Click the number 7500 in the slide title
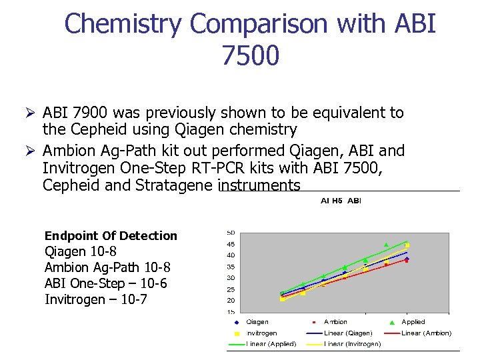coord(250,56)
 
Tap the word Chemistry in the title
coord(123,24)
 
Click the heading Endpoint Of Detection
coord(111,235)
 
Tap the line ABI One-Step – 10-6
coord(105,283)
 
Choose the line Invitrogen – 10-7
coord(95,299)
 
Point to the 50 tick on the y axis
coord(231,233)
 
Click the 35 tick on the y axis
coord(231,267)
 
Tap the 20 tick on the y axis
coord(231,300)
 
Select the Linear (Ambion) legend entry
coord(425,333)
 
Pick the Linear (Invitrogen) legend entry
coord(352,344)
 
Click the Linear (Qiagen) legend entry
coord(348,333)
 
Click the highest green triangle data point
coord(386,245)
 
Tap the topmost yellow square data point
coord(407,245)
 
